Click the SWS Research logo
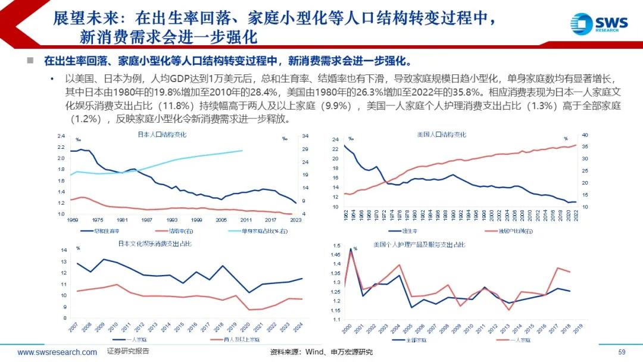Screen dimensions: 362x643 tap(599, 23)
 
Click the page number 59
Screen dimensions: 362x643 tap(622, 352)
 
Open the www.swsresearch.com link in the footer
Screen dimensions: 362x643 tap(57, 352)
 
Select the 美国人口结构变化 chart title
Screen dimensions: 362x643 tap(442, 135)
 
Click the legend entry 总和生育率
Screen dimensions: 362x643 tap(104, 230)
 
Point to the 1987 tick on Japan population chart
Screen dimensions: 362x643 tap(146, 220)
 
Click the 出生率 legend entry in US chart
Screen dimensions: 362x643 tap(407, 230)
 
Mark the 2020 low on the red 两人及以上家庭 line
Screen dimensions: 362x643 tap(249, 310)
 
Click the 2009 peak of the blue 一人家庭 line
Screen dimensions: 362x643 tap(105, 260)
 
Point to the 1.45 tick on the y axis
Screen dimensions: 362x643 tap(336, 254)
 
